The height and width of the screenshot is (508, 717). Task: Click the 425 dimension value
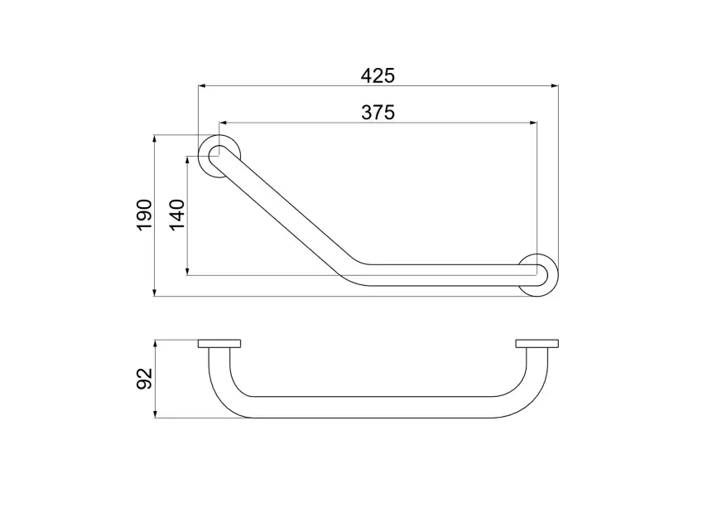[x=378, y=76]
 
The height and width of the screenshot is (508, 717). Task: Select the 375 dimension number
[x=378, y=113]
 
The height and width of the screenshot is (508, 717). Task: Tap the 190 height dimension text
[x=145, y=215]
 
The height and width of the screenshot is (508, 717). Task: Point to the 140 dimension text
[x=177, y=215]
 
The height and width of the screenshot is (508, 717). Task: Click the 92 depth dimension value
[x=145, y=379]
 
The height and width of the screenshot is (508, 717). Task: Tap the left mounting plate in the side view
[x=219, y=344]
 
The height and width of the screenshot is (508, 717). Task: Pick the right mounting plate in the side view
[x=537, y=344]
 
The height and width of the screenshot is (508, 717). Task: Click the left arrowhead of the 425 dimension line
[x=200, y=85]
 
